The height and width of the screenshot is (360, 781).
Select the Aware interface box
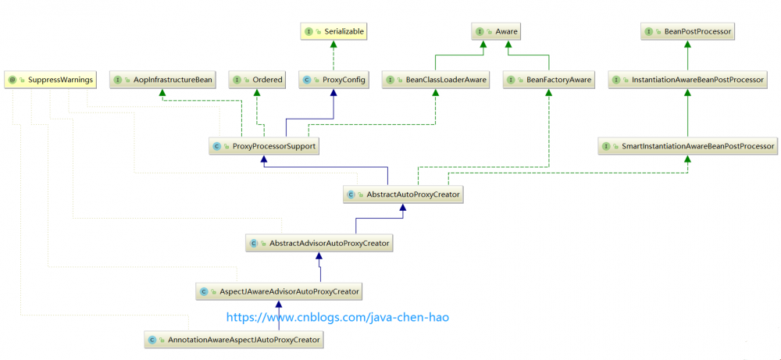(496, 32)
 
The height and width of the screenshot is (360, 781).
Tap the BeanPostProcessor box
(688, 32)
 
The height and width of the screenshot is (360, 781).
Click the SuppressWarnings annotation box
(50, 80)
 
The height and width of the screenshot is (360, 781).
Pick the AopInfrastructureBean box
(163, 80)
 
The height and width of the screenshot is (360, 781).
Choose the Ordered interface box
(258, 80)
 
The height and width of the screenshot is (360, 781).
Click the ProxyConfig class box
(334, 80)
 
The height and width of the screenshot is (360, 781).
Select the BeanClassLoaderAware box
(436, 80)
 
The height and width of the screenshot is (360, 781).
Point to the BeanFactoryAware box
(548, 80)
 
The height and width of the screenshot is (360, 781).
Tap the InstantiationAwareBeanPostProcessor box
(688, 80)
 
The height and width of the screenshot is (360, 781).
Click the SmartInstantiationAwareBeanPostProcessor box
(688, 146)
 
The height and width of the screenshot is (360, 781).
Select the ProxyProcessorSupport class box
(263, 146)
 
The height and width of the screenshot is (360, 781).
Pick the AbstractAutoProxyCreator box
(404, 194)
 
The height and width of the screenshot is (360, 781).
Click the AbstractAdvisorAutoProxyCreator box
(319, 244)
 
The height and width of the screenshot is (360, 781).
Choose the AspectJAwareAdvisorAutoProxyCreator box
(279, 292)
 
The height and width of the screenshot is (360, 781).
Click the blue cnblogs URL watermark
(338, 317)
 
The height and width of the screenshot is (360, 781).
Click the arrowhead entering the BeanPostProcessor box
(688, 44)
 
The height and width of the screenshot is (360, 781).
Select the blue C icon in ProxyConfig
(307, 80)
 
